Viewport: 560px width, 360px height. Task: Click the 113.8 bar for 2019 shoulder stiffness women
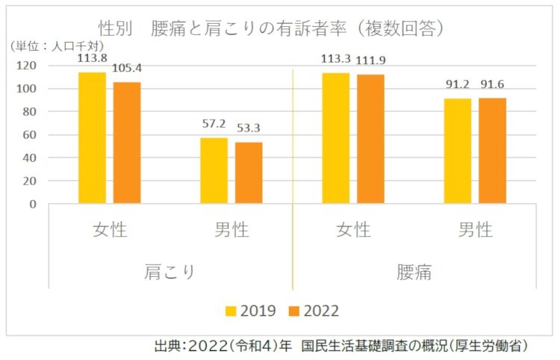(x=93, y=137)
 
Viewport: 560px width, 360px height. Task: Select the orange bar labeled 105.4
(x=127, y=143)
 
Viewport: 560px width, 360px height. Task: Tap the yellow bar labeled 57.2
(x=214, y=170)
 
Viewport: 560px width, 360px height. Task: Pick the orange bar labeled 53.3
(x=249, y=173)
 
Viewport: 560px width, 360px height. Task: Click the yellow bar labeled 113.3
(x=336, y=137)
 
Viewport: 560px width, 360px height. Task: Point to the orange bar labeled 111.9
(x=370, y=139)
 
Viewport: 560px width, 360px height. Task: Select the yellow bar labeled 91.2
(x=458, y=150)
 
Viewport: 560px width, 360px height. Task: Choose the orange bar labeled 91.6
(x=492, y=150)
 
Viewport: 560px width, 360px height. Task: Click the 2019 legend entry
(x=251, y=311)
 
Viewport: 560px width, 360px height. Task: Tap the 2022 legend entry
(x=314, y=311)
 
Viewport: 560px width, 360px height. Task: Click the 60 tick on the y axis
(x=29, y=134)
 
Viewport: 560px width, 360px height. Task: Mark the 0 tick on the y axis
(x=32, y=203)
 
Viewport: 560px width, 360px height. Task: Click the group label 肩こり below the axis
(x=170, y=270)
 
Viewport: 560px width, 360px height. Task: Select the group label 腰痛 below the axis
(x=414, y=270)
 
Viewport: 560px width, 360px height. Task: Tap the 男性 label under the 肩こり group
(x=231, y=229)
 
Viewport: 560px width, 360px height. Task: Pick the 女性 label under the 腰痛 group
(x=353, y=229)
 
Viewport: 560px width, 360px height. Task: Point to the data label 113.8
(x=92, y=57)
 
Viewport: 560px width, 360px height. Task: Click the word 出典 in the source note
(x=167, y=346)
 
